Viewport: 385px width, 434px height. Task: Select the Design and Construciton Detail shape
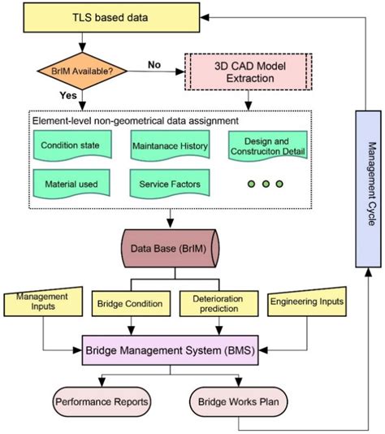click(270, 144)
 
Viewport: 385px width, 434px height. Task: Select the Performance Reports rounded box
click(101, 401)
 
